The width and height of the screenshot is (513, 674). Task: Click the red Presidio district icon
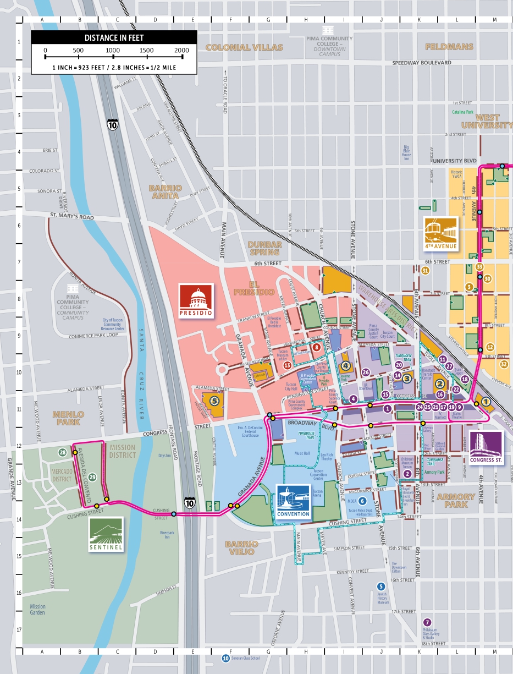195,301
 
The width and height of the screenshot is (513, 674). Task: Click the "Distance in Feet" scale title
113,38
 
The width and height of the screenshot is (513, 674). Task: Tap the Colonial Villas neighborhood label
244,47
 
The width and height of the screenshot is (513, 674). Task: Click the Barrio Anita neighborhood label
164,191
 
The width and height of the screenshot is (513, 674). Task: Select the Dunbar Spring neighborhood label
264,248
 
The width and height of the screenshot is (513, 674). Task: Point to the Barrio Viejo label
240,547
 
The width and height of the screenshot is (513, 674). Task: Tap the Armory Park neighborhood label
456,500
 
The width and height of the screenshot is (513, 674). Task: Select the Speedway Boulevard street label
422,63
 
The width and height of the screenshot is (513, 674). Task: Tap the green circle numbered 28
63,452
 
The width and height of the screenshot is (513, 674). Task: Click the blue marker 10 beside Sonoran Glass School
225,658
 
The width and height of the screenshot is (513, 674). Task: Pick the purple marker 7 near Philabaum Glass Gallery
428,622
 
